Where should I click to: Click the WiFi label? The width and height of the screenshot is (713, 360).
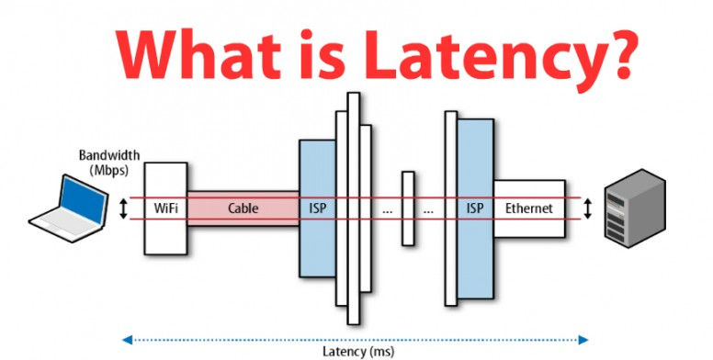tap(165, 209)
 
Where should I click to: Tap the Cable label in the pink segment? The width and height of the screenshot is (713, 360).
tap(243, 209)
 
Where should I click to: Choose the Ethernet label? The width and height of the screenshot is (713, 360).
tap(528, 209)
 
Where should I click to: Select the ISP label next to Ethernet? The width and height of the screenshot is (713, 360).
tap(474, 209)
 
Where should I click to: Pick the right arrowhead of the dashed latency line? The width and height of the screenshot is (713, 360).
tap(583, 340)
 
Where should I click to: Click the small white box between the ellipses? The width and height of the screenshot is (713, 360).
tap(407, 208)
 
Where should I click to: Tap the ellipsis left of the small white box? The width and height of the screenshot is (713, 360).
tap(387, 210)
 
